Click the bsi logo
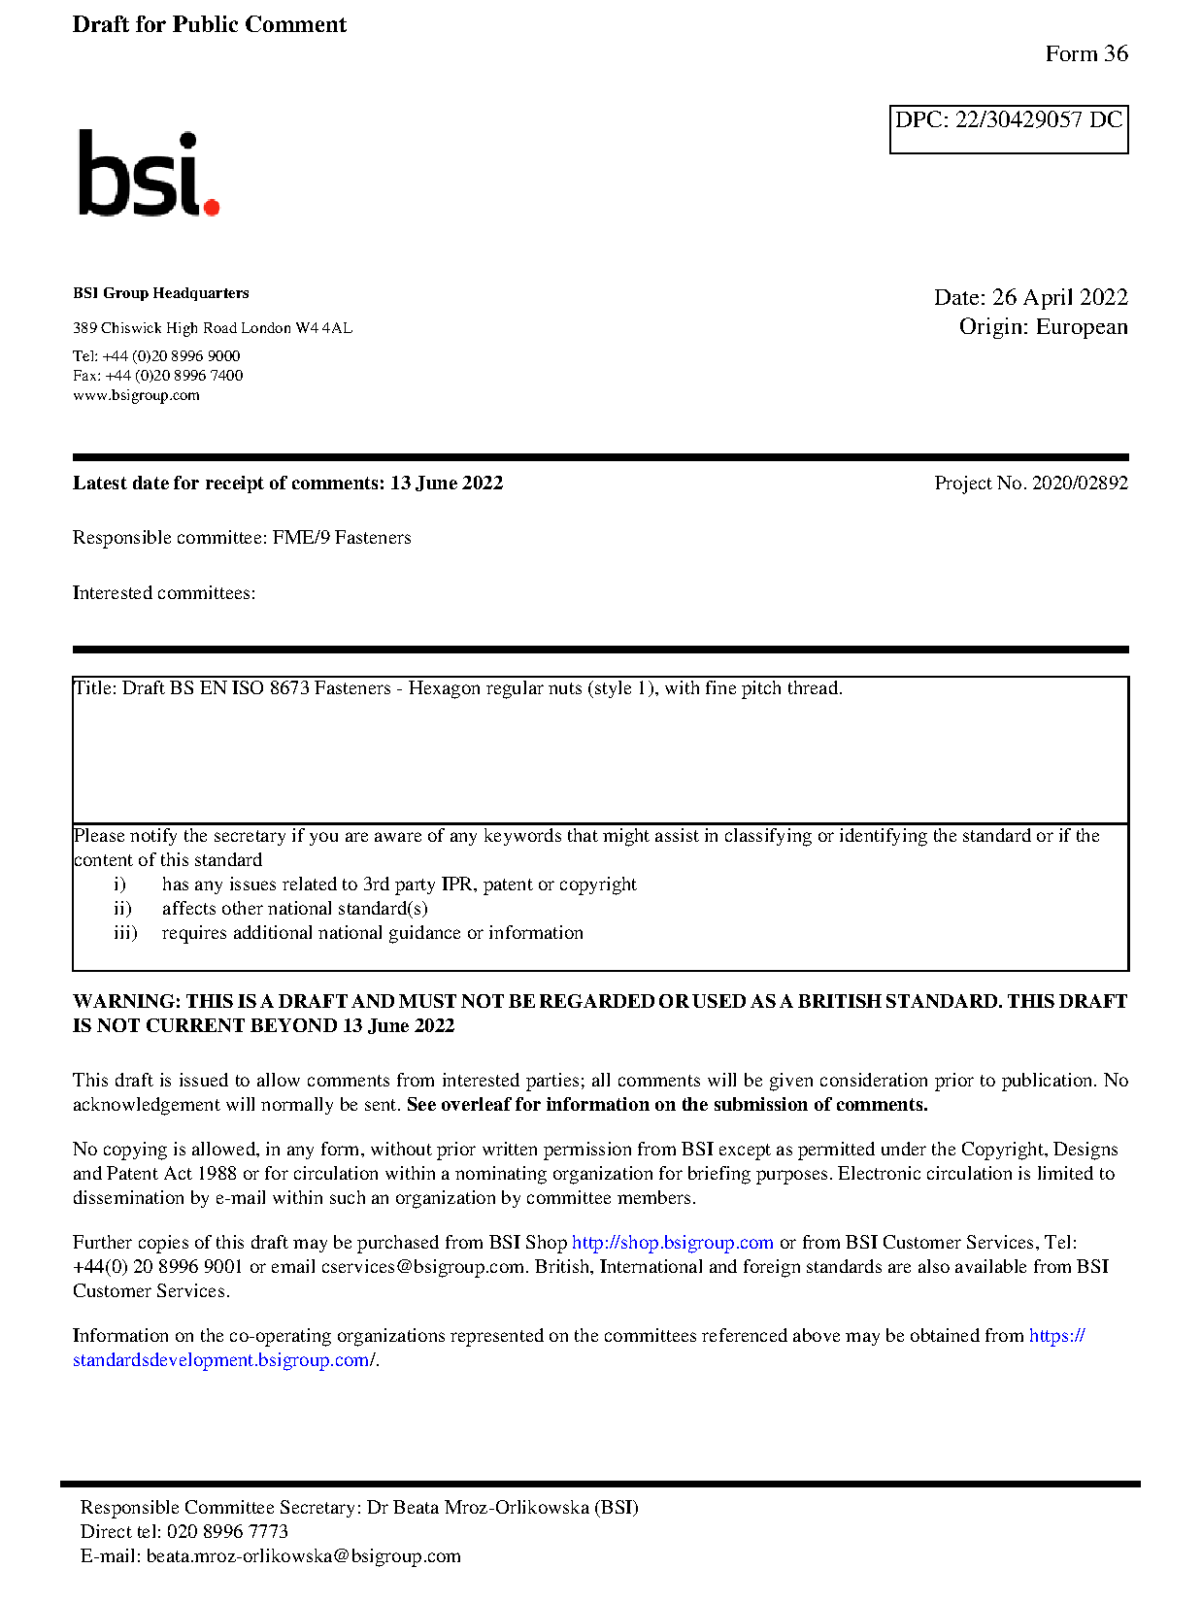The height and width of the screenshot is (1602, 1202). tap(148, 174)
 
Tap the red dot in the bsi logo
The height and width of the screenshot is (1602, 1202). tap(212, 206)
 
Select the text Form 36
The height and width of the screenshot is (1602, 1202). tap(1086, 54)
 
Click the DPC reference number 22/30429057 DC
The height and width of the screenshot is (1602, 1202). tap(1038, 120)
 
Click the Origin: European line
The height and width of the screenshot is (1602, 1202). tap(1043, 327)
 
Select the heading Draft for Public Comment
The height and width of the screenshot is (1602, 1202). tap(209, 24)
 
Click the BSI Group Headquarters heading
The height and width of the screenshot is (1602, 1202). tap(160, 293)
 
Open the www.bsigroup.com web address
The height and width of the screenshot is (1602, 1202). tap(136, 395)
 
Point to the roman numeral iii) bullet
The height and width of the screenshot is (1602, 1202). tap(125, 933)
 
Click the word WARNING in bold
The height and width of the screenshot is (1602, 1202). tap(126, 1002)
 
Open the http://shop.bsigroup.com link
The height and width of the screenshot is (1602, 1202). tap(672, 1243)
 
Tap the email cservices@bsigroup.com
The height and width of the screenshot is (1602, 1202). tap(423, 1267)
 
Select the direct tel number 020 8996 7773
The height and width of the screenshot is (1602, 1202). tap(227, 1532)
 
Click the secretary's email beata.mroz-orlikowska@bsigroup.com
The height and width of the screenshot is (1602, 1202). tap(303, 1556)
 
